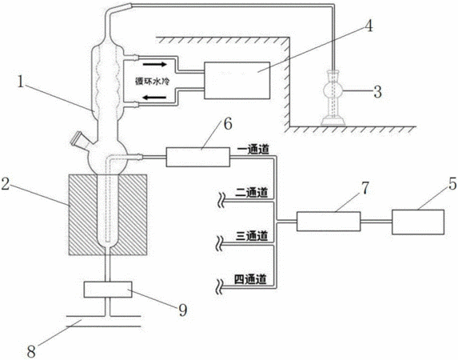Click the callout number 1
click(21, 82)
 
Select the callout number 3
click(378, 91)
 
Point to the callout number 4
click(369, 26)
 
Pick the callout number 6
click(228, 124)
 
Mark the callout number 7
click(365, 188)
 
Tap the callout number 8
click(31, 351)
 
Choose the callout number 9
click(183, 310)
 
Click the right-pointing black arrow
click(154, 64)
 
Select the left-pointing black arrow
click(154, 98)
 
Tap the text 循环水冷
click(152, 81)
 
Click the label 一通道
click(253, 150)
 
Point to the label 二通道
click(252, 193)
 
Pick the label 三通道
click(252, 236)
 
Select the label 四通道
click(251, 279)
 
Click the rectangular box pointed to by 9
click(107, 290)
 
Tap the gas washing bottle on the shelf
click(333, 98)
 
